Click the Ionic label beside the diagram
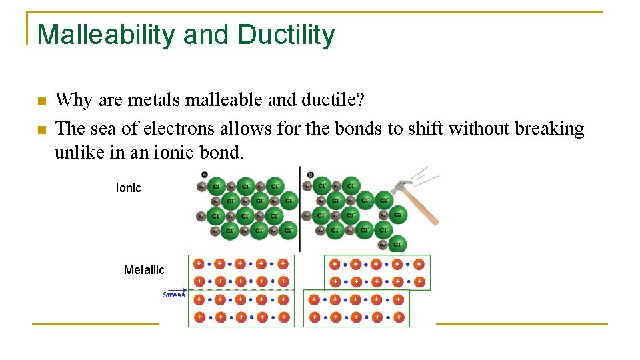128,188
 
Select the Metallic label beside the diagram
144,270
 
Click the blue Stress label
173,295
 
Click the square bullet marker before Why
41,102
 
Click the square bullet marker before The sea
41,129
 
